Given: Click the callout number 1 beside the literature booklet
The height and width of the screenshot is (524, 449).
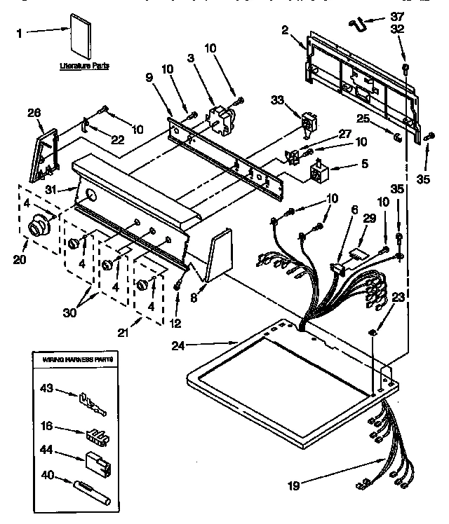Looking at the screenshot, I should (x=20, y=32).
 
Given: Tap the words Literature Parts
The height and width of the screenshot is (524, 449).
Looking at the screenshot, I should (x=83, y=65).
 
